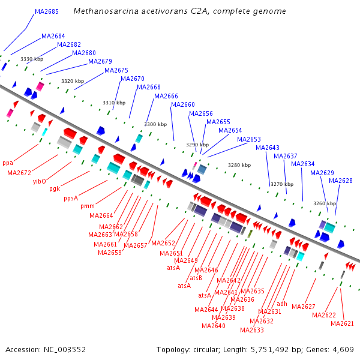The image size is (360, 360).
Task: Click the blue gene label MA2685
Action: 47,11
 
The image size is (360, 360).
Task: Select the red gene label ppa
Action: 8,163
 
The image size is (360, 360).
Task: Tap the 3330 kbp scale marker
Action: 32,59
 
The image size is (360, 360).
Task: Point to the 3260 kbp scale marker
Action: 325,203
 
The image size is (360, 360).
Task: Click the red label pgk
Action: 55,189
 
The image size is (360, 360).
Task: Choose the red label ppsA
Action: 71,198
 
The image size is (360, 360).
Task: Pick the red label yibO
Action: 39,181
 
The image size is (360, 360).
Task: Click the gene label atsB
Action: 196,278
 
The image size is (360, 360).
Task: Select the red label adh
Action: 282,304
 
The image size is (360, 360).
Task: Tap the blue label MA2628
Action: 341,181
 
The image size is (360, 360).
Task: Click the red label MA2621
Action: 342,323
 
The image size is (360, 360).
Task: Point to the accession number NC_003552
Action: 65,350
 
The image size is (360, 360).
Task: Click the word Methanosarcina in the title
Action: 106,11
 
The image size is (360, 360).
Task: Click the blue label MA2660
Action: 183,104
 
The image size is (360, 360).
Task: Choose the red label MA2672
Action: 19,173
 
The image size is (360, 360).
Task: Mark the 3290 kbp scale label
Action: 197,145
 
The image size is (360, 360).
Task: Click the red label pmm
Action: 88,206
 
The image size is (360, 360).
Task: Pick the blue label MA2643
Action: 268,148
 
